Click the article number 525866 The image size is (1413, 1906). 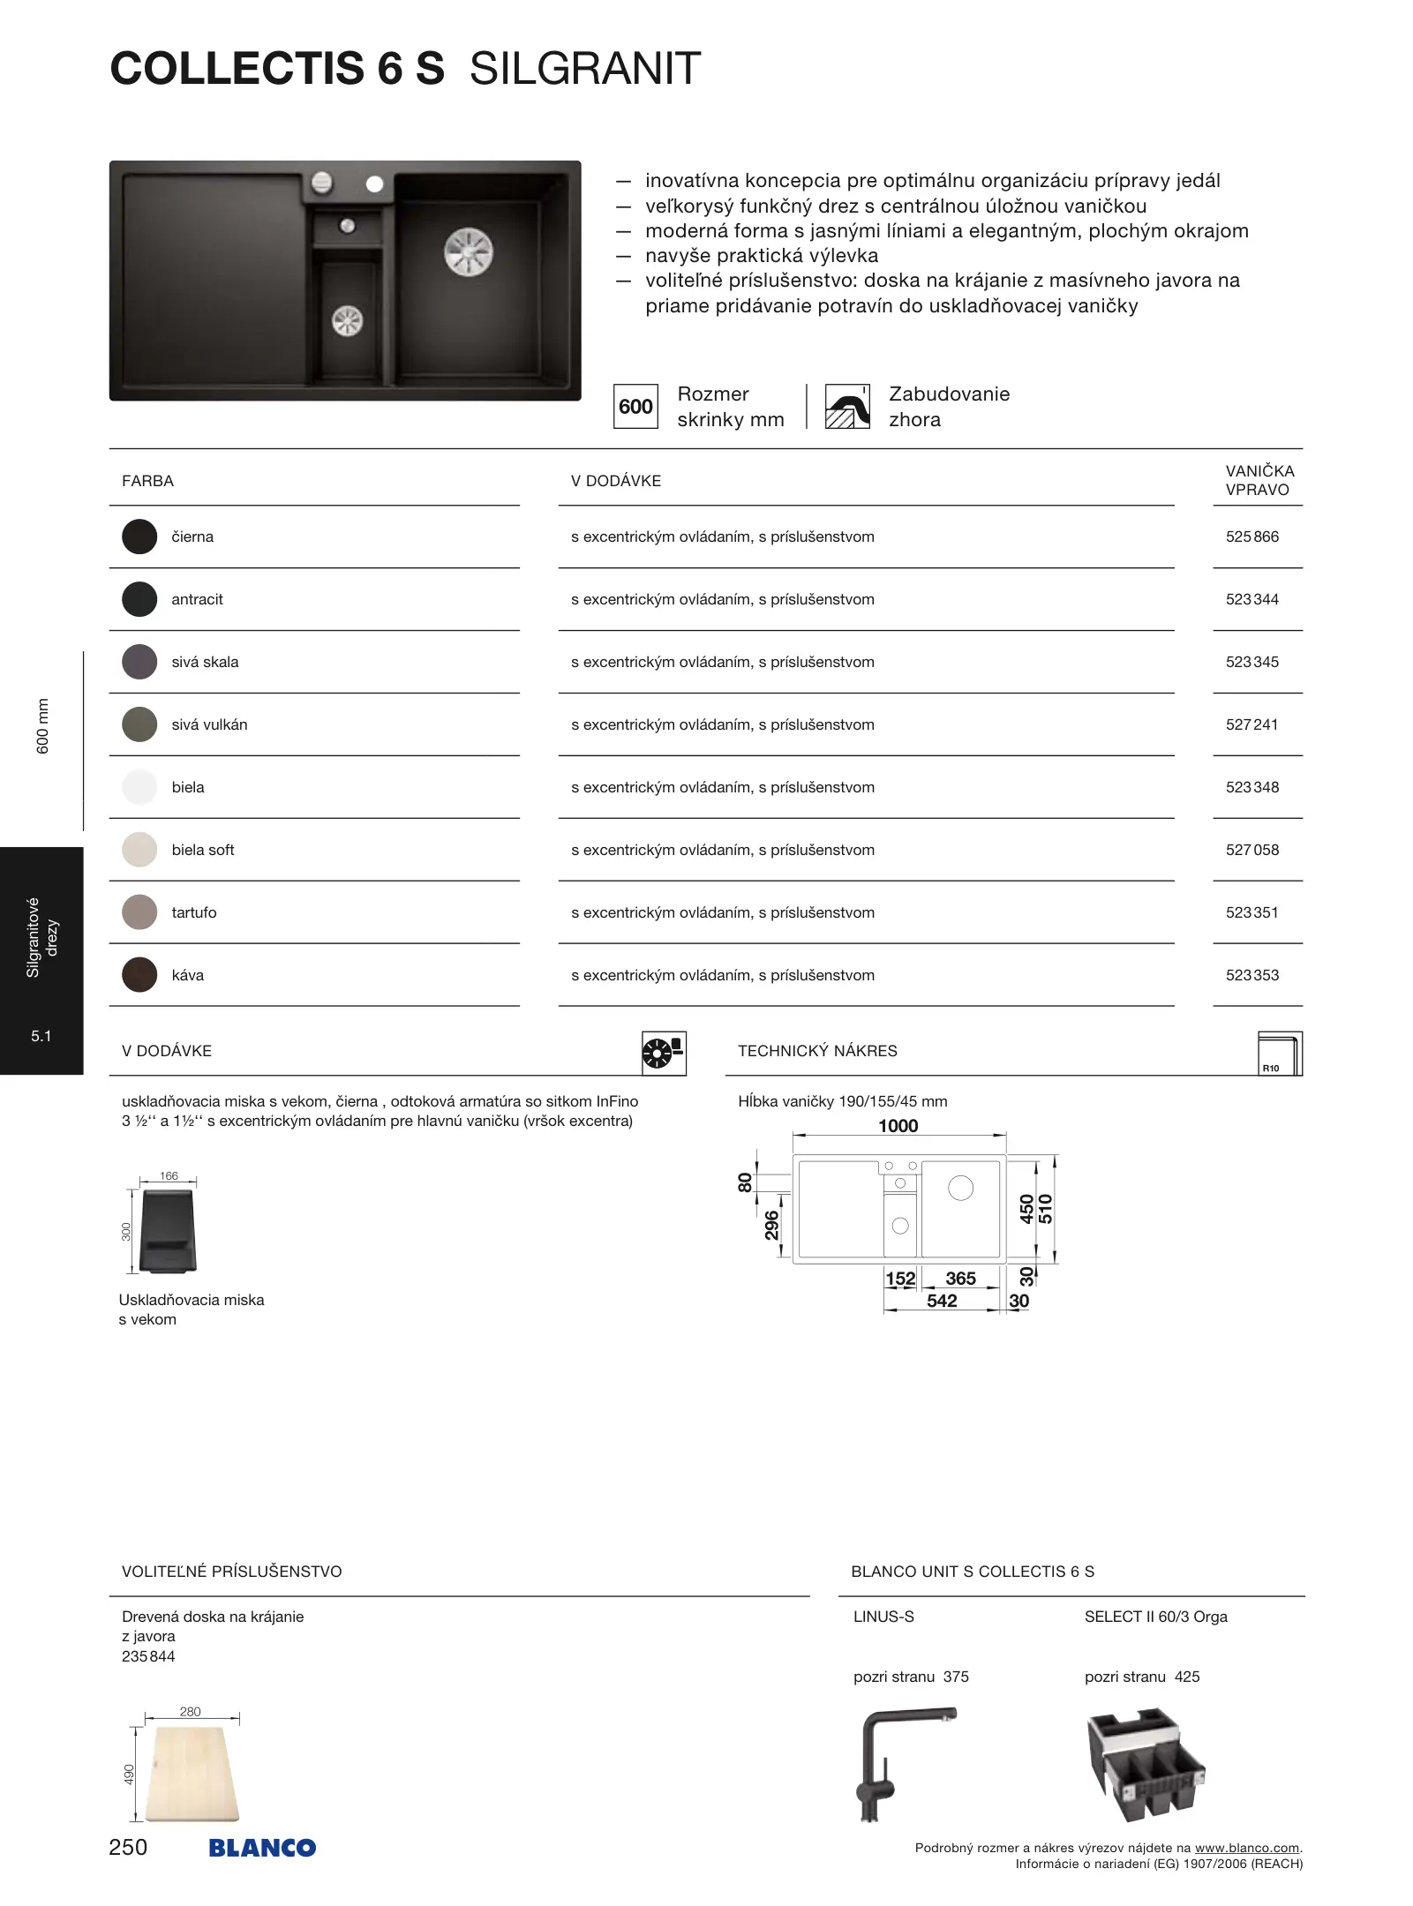[x=1251, y=537]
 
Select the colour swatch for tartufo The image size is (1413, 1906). [x=139, y=912]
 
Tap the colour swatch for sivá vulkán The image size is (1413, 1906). [x=139, y=724]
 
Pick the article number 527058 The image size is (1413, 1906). [x=1251, y=850]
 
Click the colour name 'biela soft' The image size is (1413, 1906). [x=203, y=850]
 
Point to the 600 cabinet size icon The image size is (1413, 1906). [x=635, y=407]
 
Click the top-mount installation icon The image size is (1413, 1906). [x=847, y=407]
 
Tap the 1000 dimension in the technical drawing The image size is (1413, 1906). [x=898, y=1126]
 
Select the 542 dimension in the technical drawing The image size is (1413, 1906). [x=942, y=1301]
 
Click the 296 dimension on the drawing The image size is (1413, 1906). [x=772, y=1225]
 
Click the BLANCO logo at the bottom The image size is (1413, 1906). [x=262, y=1848]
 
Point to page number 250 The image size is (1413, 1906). [x=128, y=1847]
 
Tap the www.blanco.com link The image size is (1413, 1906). [x=1246, y=1848]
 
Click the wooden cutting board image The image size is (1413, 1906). [x=192, y=1774]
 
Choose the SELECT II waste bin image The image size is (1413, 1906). [x=1146, y=1764]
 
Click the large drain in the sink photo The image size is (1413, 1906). [x=468, y=251]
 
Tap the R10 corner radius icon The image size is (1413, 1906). [x=1280, y=1054]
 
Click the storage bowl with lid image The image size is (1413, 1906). [x=168, y=1231]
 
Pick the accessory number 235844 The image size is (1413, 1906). [x=148, y=1656]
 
